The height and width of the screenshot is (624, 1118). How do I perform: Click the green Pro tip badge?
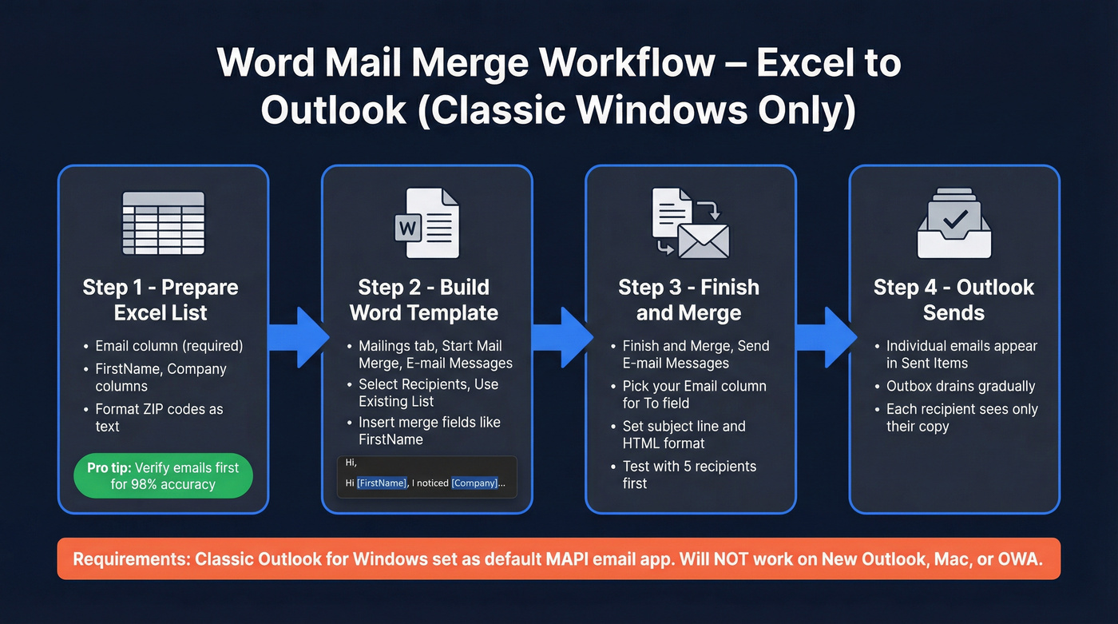point(163,475)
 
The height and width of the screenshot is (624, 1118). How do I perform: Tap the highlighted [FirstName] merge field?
point(382,483)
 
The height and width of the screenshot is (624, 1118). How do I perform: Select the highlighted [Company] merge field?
point(474,483)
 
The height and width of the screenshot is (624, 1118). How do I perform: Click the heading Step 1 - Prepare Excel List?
point(161,300)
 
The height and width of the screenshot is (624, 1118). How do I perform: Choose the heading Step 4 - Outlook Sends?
point(953,300)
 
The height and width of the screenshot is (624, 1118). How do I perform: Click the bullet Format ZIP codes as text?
point(159,417)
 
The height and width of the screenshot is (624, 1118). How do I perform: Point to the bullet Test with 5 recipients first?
point(689,475)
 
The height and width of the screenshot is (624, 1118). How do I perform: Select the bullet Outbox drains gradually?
point(961,386)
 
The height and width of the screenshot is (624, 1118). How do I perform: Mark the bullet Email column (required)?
point(168,346)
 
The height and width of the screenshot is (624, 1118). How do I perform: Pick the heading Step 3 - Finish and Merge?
point(688,300)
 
